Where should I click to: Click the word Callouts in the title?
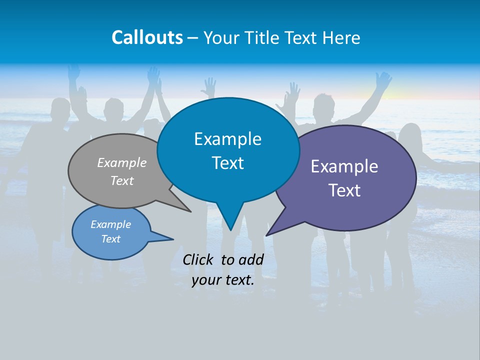point(147,37)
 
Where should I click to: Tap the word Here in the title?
point(342,37)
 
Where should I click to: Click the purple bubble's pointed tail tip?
point(266,235)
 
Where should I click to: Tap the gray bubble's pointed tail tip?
point(190,211)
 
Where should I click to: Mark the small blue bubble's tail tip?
point(173,239)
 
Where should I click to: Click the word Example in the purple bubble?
point(344,166)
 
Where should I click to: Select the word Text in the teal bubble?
point(228,163)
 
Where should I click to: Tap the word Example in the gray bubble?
point(122,162)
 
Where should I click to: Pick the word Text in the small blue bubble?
point(111,239)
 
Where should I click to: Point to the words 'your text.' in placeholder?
point(223,280)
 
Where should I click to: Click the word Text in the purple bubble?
point(345,190)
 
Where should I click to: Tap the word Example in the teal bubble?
point(228,139)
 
